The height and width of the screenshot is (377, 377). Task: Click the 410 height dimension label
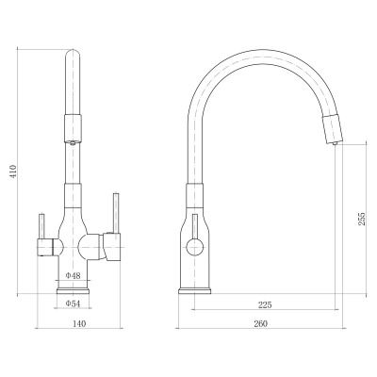pyautogui.click(x=13, y=172)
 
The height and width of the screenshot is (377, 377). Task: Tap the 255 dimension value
pyautogui.click(x=362, y=219)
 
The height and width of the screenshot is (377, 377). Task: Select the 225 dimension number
pyautogui.click(x=265, y=304)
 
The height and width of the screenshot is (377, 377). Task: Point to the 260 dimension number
pyautogui.click(x=260, y=323)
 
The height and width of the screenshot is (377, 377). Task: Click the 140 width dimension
pyautogui.click(x=79, y=323)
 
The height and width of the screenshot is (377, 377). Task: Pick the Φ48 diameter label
pyautogui.click(x=73, y=275)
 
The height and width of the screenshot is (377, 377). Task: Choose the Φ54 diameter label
pyautogui.click(x=73, y=303)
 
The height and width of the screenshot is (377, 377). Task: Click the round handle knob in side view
pyautogui.click(x=195, y=247)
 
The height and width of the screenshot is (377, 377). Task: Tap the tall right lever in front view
pyautogui.click(x=116, y=213)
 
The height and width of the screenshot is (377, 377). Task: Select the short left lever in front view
pyautogui.click(x=41, y=226)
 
